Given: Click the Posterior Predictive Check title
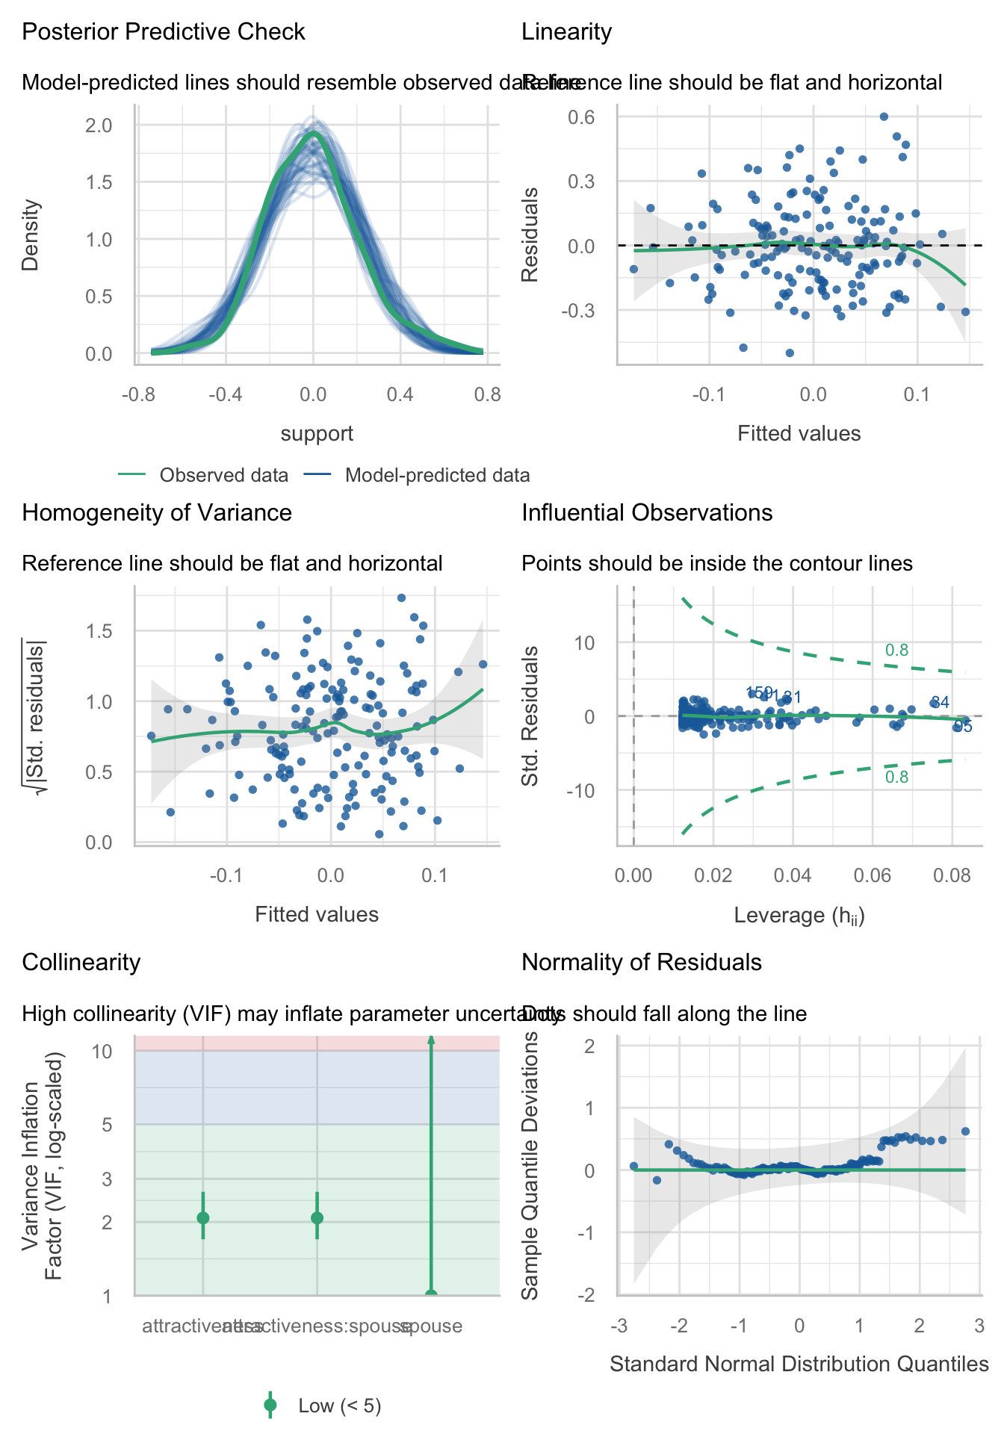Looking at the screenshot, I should tap(164, 32).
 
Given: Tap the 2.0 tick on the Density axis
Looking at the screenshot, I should tap(99, 125).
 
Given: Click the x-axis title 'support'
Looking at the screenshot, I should tap(317, 434).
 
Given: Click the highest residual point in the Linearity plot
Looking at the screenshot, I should tap(884, 117).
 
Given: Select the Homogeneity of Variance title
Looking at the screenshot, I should tap(157, 513).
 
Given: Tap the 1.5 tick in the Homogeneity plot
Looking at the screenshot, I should tap(99, 631).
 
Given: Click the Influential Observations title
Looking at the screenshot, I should tap(647, 513).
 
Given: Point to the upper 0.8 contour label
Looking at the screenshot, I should tap(896, 651).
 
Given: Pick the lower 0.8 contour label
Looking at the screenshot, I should tap(896, 777).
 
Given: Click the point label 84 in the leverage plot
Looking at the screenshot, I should tap(941, 702).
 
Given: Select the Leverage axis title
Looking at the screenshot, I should tap(799, 916).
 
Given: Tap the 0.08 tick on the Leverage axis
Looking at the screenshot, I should tap(952, 875).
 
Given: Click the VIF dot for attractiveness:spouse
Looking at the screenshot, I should tap(317, 1218).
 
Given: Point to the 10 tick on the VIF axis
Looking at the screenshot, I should tap(102, 1052).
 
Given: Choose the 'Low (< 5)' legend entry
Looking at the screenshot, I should tap(339, 1406).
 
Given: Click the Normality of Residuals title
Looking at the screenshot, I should tap(642, 963).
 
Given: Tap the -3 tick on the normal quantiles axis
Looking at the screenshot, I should tap(619, 1326).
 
